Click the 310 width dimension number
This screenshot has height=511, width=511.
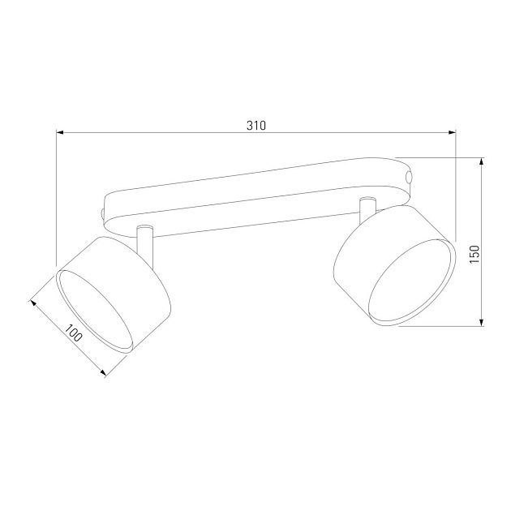[256, 125]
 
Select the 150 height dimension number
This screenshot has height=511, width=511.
[475, 254]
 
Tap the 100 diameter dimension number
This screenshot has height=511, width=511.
[74, 333]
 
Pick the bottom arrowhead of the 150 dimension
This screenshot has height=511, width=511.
[483, 323]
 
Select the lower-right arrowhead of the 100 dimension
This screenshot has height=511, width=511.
[104, 373]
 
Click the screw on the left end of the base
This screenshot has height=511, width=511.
[101, 212]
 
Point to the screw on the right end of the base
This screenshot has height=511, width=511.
[410, 176]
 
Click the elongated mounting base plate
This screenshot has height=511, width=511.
[251, 195]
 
